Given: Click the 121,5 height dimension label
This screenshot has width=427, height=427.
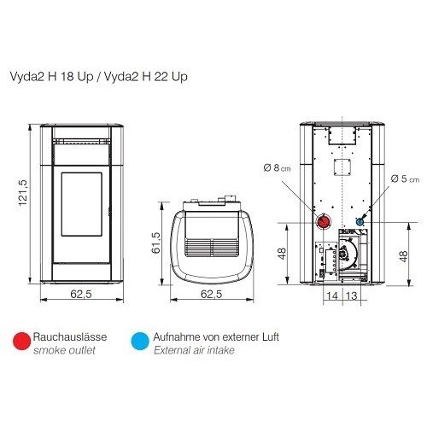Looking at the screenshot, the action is [23, 193].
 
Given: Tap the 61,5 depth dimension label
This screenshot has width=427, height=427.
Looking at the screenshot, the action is [155, 243].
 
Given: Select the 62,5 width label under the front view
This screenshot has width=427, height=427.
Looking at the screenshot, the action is [81, 294].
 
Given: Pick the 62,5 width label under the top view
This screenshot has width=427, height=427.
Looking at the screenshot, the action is [212, 294].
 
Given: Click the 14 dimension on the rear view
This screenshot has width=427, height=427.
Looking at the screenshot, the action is [332, 295].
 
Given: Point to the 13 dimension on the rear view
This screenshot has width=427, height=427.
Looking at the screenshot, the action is [351, 295].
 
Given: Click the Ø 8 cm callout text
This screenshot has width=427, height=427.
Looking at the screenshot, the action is [278, 168].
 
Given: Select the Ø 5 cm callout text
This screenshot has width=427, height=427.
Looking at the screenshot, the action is [405, 178].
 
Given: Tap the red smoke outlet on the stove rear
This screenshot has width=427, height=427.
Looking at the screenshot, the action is [324, 221].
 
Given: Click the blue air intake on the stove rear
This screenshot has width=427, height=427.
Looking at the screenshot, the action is [360, 221].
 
